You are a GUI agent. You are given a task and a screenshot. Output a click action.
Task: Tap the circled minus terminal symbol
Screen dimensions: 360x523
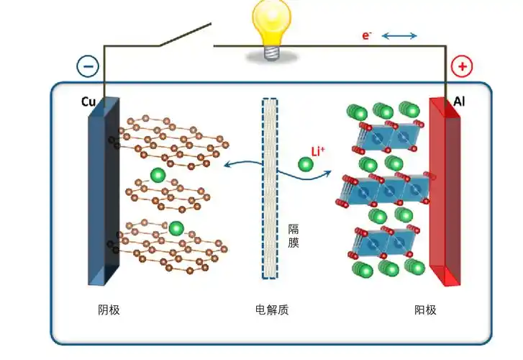click(88, 66)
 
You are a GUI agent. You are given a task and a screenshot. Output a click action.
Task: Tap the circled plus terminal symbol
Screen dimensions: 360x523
click(461, 67)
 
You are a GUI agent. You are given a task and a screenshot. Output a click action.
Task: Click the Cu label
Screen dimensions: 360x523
click(89, 102)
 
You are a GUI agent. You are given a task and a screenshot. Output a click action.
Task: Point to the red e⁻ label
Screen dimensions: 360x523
click(367, 35)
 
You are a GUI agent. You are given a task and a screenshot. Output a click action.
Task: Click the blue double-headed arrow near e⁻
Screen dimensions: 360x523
click(399, 35)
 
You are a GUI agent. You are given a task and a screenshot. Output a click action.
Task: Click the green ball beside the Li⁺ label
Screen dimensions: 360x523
click(306, 165)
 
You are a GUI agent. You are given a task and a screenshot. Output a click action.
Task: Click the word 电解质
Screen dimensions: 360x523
click(272, 310)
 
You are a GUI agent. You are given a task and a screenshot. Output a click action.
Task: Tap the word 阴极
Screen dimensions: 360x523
click(109, 310)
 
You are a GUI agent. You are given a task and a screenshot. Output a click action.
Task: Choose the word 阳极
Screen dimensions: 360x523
click(425, 310)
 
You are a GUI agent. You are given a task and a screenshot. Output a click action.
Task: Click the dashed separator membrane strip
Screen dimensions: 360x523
click(270, 187)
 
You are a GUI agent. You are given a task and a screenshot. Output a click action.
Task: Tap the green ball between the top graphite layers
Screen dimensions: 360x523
click(158, 174)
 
